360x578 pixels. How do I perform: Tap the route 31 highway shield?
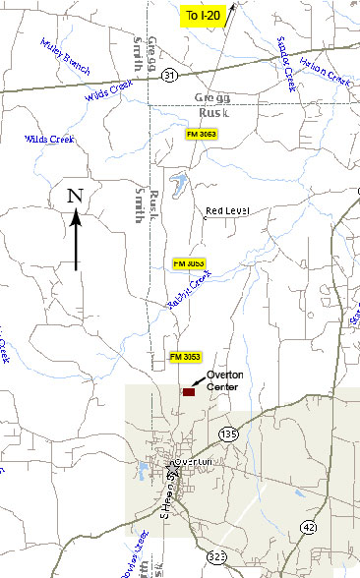171,75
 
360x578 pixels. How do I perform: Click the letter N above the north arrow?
75,196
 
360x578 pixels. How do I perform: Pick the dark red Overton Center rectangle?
189,391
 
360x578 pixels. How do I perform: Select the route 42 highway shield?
310,527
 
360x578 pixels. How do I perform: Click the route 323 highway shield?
217,557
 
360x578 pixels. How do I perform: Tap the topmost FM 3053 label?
204,133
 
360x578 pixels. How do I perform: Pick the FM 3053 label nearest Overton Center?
185,356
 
